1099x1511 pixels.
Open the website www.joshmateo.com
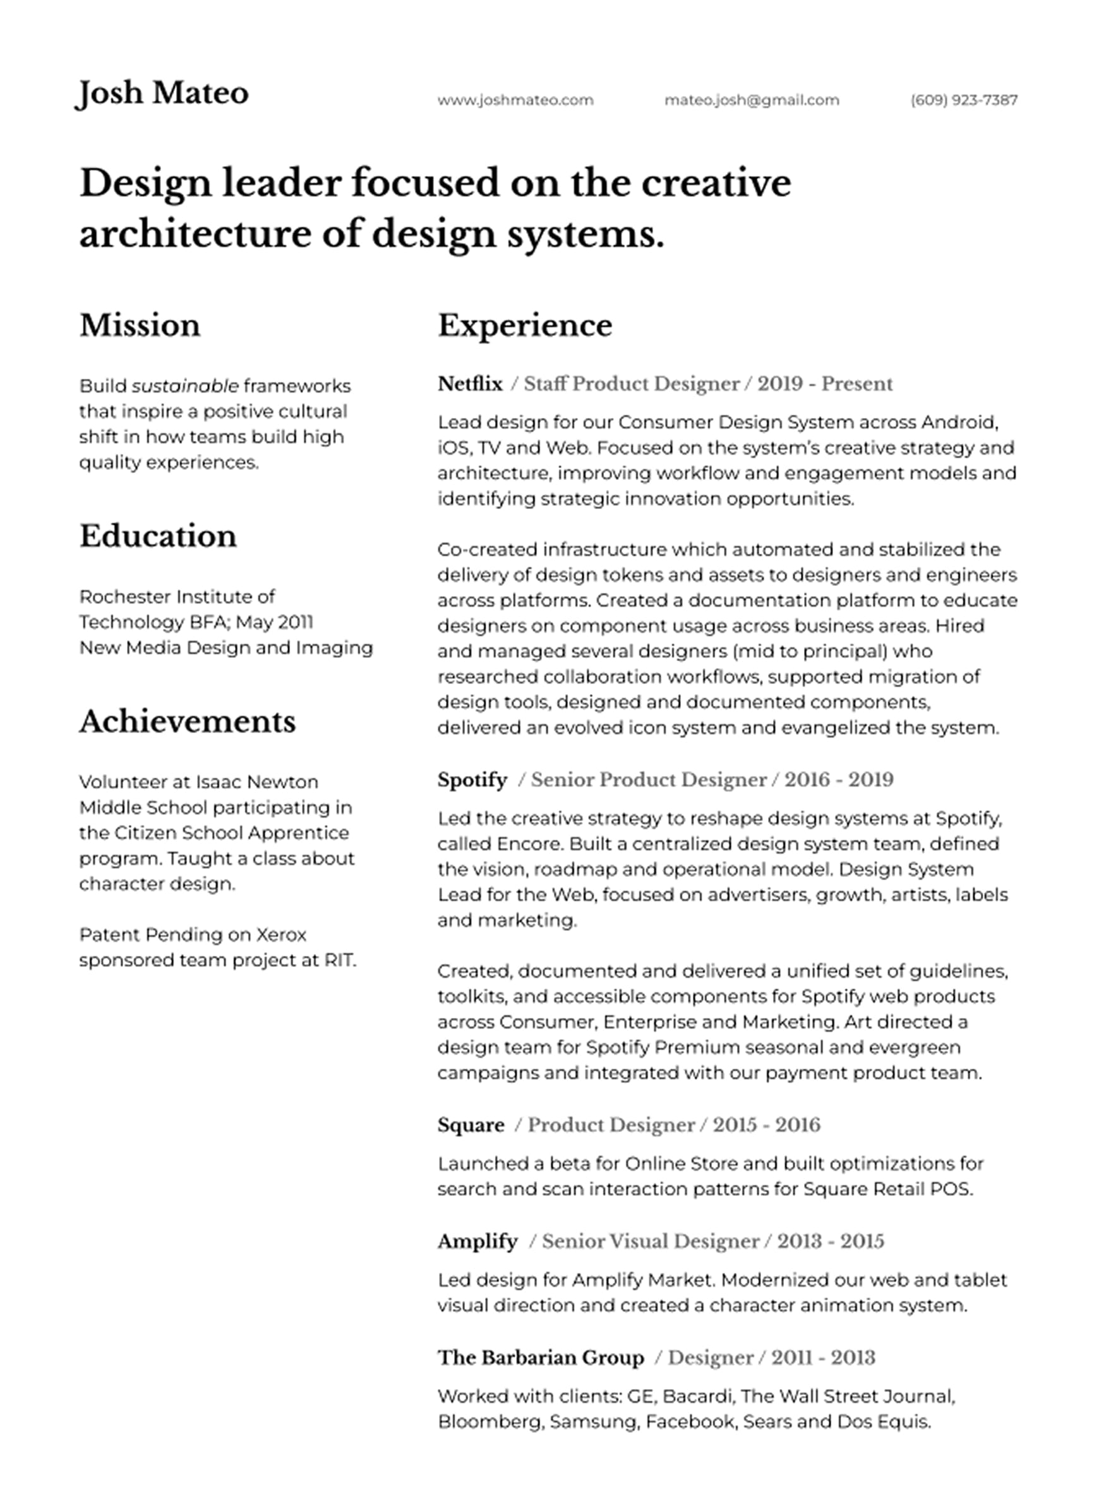coord(515,100)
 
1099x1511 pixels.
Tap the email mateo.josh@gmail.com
coord(751,100)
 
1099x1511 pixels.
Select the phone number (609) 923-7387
coord(964,100)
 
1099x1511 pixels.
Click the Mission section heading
coord(140,326)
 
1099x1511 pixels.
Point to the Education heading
coord(158,536)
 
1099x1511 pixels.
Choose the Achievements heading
coord(188,722)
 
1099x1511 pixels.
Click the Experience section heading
coord(524,326)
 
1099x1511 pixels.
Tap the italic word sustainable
coord(184,386)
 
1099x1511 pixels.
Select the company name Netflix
coord(470,384)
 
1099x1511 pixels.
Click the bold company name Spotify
coord(472,779)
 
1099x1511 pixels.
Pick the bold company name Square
coord(471,1125)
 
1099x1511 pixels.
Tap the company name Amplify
coord(477,1241)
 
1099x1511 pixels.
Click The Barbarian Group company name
coord(541,1358)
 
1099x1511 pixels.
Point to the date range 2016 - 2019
coord(838,779)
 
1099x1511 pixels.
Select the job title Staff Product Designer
coord(631,384)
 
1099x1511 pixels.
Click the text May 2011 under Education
coord(275,622)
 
